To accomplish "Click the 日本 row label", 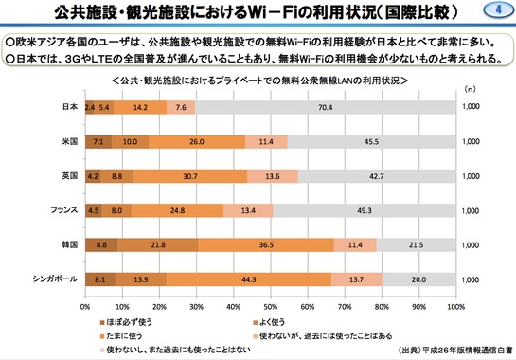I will pos(69,107).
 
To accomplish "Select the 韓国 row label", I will pos(69,245).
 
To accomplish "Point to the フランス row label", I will pos(64,210).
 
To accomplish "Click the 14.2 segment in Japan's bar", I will pos(141,107).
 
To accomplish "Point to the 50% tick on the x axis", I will pos(271,307).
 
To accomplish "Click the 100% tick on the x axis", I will pos(454,307).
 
